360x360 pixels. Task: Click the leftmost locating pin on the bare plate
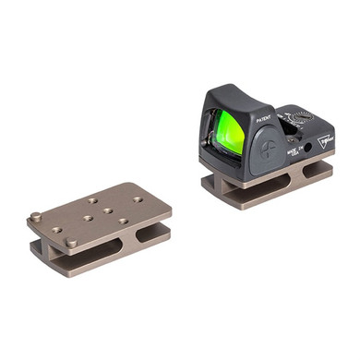(x=35, y=218)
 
